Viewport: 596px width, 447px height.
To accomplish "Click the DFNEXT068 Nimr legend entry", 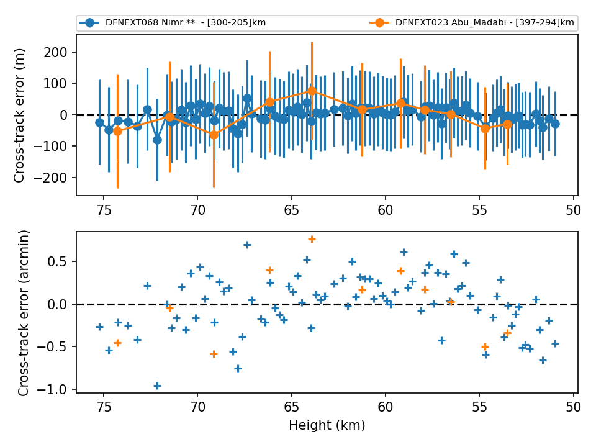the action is tap(173, 23).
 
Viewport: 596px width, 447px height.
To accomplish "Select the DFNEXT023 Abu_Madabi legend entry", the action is tap(472, 23).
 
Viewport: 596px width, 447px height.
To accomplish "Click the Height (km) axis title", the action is tap(327, 425).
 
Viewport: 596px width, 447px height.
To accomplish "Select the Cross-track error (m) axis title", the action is tap(19, 115).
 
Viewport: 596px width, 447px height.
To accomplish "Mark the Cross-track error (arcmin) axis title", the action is tap(23, 313).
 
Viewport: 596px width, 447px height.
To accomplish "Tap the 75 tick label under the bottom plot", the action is tap(104, 407).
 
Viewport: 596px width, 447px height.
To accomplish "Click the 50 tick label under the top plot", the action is tap(573, 210).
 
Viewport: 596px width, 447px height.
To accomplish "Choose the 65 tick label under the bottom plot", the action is tap(292, 407).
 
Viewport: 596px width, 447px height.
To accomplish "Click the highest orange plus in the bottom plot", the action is tap(312, 239).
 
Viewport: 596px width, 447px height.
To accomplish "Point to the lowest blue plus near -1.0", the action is tap(157, 386).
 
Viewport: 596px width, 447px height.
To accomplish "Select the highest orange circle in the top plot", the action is tap(312, 91).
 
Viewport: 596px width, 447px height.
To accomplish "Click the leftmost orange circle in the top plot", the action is tap(117, 131).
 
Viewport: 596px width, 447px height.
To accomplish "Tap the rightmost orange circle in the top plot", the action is tap(507, 124).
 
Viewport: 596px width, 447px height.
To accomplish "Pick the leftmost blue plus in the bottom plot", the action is tap(99, 327).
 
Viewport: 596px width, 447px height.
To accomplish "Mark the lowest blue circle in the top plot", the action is tap(157, 140).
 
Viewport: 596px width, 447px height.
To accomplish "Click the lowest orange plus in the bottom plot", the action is tap(214, 354).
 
